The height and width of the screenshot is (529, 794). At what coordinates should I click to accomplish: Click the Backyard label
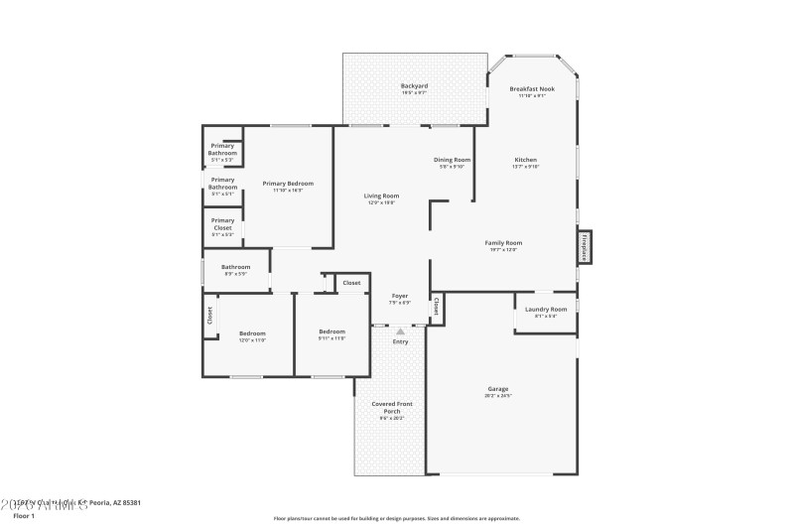coord(414,86)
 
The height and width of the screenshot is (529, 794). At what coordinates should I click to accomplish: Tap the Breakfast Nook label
coord(532,89)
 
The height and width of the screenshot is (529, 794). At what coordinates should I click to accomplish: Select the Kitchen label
coord(526,161)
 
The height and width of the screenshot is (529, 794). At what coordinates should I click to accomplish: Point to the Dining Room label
coord(452,160)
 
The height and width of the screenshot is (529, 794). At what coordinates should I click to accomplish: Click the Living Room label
coord(382,197)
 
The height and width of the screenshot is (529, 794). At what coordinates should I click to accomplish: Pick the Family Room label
coord(503,242)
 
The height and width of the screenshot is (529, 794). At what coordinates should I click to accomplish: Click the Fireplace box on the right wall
coord(585,246)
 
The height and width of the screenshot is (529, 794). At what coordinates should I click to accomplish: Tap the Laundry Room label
coord(546,310)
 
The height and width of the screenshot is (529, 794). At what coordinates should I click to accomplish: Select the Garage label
coord(497,389)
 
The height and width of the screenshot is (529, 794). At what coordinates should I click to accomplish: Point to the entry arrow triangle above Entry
coord(400,331)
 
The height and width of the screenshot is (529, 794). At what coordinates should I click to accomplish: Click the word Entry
coord(400,342)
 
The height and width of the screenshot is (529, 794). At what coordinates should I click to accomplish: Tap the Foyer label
coord(400,296)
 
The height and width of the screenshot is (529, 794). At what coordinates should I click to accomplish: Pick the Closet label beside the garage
coord(436,308)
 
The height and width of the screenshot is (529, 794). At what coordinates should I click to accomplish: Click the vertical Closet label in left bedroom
coord(209,316)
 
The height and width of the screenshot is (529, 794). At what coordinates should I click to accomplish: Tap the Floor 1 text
coord(24,516)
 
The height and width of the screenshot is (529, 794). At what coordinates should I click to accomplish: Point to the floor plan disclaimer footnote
coord(396,518)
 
